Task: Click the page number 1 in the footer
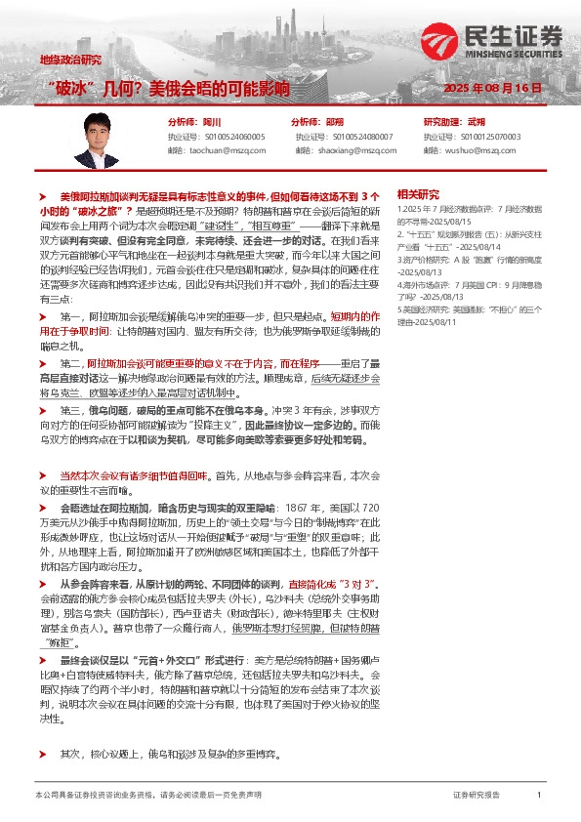pos(539,796)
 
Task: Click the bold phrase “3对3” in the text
pos(339,583)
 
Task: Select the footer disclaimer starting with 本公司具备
pos(147,796)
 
